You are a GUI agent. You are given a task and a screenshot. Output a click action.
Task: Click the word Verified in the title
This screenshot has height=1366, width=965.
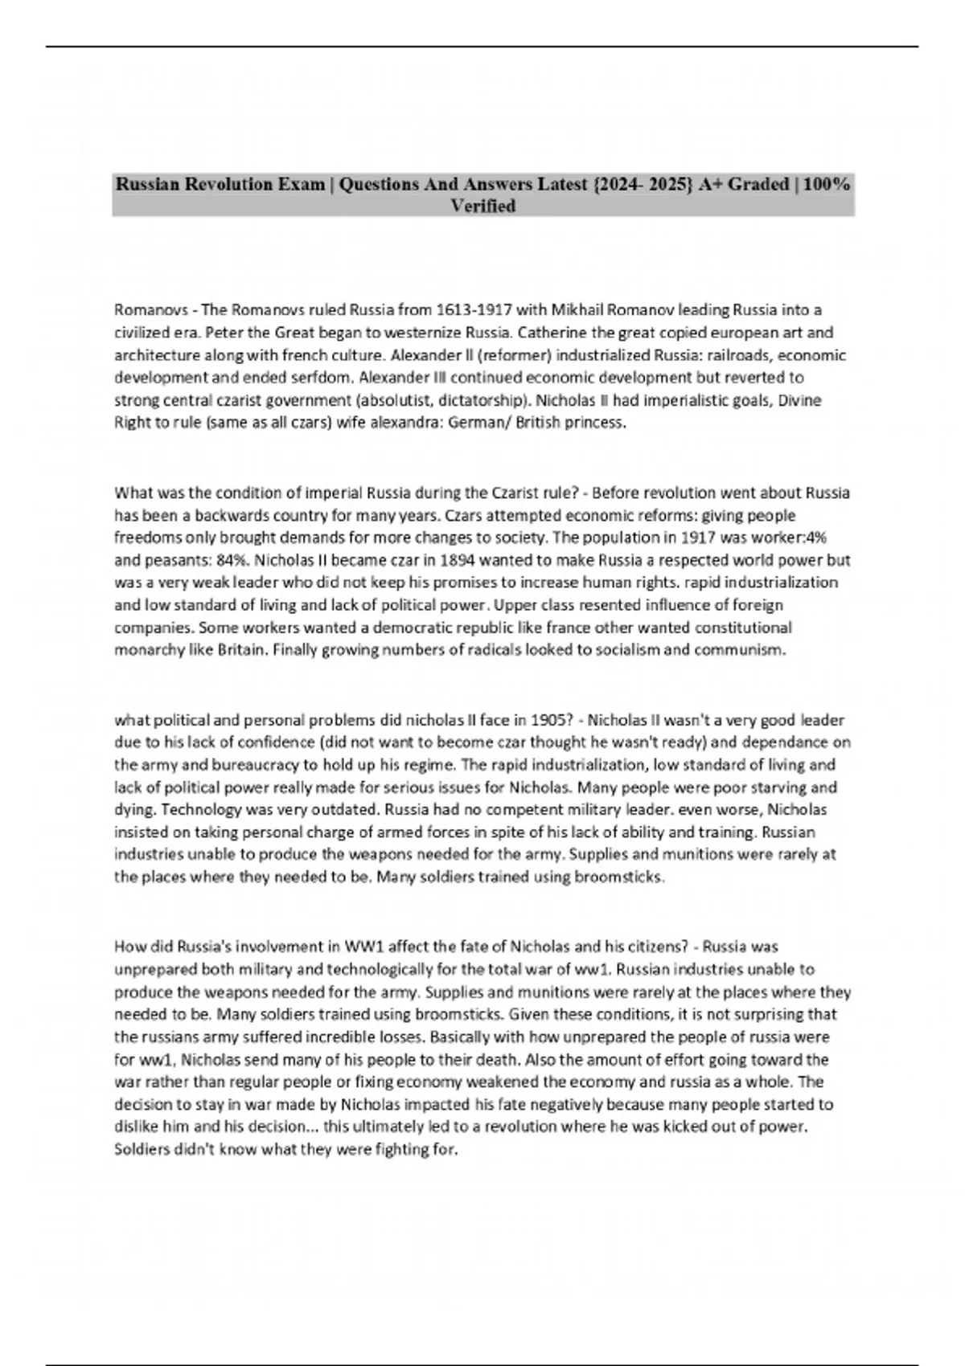482,207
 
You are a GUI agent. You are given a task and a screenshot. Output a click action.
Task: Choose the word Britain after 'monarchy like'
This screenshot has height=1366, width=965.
241,650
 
